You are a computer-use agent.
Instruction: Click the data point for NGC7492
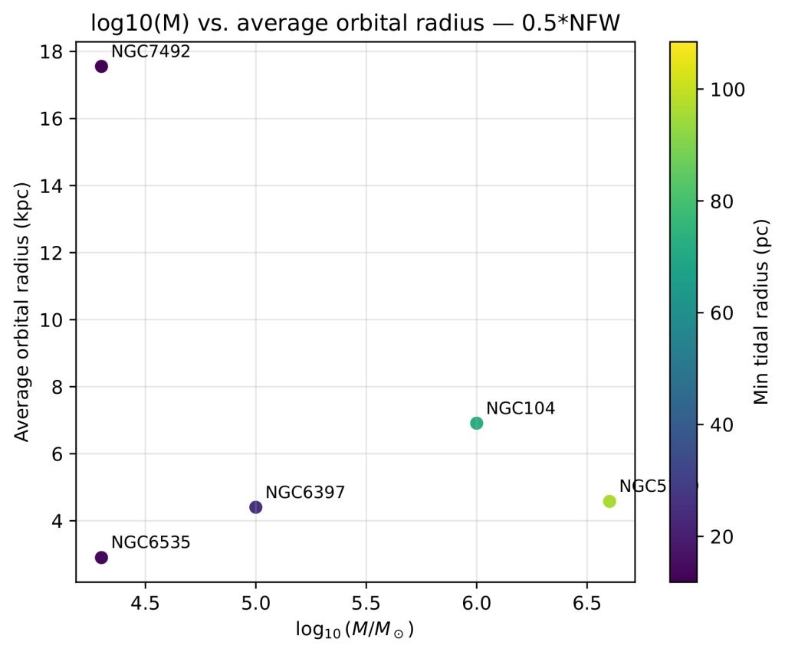101,67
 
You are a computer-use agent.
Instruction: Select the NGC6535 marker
101,558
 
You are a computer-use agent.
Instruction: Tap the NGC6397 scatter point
256,507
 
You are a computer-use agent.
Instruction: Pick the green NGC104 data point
476,423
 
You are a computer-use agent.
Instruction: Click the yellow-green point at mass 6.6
609,501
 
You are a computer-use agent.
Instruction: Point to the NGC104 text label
521,408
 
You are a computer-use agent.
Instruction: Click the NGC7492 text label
150,52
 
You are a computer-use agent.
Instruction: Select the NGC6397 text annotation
305,493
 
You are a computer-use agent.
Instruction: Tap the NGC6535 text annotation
150,542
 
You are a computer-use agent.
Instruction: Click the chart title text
355,24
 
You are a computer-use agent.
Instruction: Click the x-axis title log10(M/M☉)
355,630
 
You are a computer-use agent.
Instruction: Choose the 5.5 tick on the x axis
366,602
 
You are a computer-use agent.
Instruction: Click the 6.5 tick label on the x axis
586,602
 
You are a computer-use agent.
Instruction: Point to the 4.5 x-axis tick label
145,602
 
